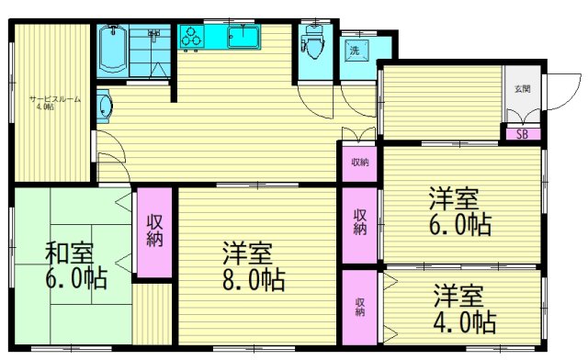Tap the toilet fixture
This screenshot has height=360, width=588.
311,41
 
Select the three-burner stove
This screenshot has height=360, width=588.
192,38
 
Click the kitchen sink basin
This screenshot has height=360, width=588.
243,38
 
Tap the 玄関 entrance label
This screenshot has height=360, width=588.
521,90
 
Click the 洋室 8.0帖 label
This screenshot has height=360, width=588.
252,266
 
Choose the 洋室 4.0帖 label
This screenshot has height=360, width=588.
464,309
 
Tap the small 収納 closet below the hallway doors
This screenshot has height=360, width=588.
359,163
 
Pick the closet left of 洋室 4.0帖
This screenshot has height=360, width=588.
359,307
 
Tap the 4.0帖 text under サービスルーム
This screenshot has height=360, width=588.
45,107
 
